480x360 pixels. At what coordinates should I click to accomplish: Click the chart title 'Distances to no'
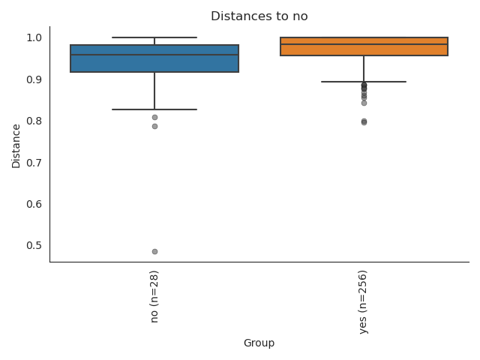tap(259, 16)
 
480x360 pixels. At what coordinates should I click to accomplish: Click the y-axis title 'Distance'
tap(16, 145)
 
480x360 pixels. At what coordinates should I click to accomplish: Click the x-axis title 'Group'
tap(259, 343)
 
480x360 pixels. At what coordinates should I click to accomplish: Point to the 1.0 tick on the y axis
tap(34, 37)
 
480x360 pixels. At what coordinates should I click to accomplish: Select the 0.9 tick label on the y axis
tap(34, 79)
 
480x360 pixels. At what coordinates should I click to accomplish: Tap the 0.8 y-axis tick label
tap(34, 121)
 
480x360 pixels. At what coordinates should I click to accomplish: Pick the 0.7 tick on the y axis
tap(34, 163)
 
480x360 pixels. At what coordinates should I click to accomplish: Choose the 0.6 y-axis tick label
tap(34, 204)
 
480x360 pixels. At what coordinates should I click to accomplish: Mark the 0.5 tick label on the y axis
tap(34, 245)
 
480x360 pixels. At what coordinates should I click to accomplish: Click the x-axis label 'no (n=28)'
tap(154, 296)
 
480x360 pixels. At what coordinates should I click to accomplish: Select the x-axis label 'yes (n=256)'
tap(364, 301)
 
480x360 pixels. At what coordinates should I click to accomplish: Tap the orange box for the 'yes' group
tap(364, 49)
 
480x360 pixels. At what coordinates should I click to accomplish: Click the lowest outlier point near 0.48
tap(154, 251)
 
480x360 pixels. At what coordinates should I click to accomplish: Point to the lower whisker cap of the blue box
tap(154, 109)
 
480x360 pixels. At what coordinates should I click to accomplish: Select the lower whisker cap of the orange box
tap(364, 82)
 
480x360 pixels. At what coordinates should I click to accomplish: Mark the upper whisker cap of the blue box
tap(154, 37)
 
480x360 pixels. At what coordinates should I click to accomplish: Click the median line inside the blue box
tap(154, 55)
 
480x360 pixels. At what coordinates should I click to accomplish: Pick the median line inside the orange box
tap(364, 44)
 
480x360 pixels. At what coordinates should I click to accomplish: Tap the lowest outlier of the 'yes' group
tap(364, 121)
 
